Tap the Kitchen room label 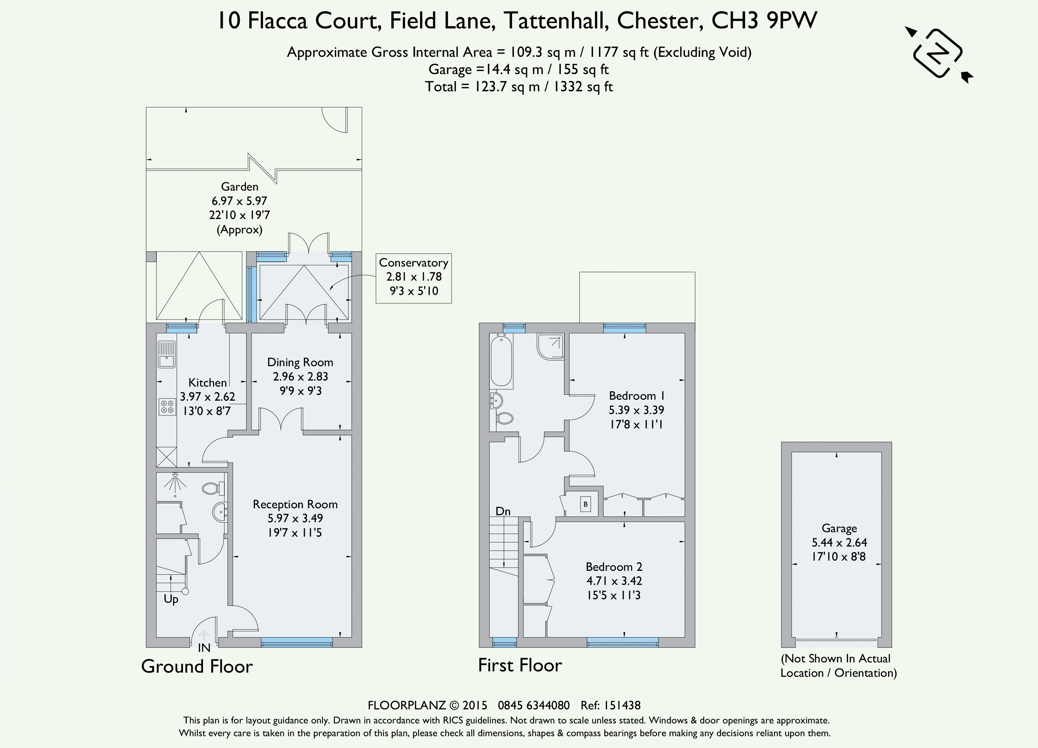click(207, 383)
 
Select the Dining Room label click(300, 363)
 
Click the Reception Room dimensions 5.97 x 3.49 click(295, 518)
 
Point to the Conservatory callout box click(414, 278)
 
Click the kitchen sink click(167, 354)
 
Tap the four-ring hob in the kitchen click(167, 407)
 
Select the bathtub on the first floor click(501, 360)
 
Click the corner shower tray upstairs click(551, 346)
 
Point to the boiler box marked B click(585, 504)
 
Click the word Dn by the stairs click(503, 511)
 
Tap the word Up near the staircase click(171, 600)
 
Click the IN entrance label click(204, 648)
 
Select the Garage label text click(839, 529)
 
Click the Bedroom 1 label click(636, 396)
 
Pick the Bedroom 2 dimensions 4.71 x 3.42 click(614, 581)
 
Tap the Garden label click(239, 187)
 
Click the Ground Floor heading click(197, 667)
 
